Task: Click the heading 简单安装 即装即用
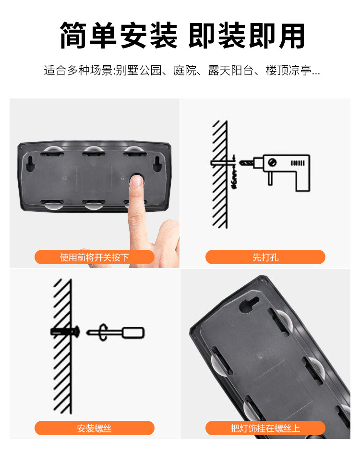182,36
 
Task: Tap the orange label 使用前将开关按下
94,257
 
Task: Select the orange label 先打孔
265,257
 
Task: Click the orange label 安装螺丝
94,428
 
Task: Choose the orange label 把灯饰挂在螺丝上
265,428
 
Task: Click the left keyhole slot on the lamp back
31,165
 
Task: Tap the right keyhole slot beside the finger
156,165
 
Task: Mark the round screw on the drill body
273,162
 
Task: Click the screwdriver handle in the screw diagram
133,332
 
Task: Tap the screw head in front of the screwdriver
103,332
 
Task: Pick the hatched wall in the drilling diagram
220,173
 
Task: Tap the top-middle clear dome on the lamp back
94,151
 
